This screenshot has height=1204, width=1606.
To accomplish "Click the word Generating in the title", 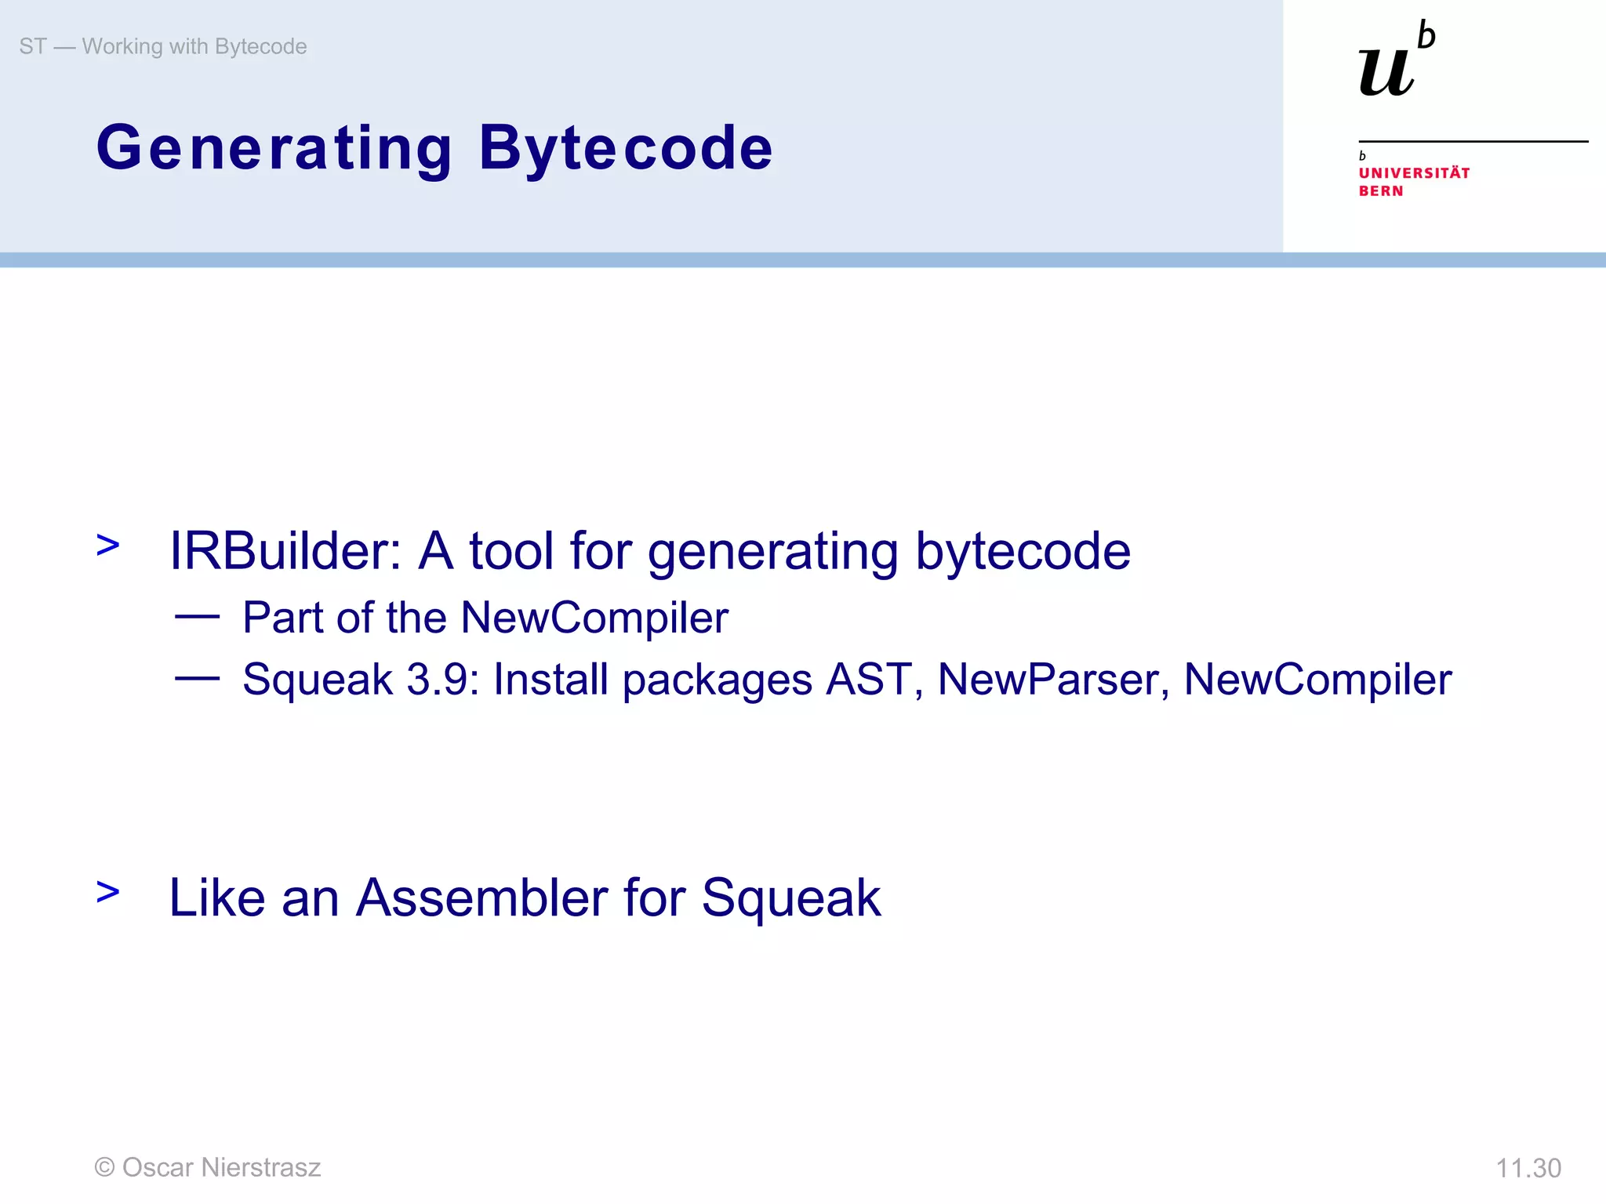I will (274, 148).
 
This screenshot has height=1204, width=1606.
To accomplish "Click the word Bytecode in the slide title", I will (626, 148).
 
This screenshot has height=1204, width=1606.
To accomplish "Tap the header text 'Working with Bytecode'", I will (194, 46).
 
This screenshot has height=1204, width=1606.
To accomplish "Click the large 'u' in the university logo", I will (1386, 73).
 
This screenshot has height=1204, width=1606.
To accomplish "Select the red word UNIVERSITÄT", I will (1414, 172).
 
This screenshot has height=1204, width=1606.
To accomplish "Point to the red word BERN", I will (1380, 190).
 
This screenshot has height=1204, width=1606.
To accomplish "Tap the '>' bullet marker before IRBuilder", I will (108, 545).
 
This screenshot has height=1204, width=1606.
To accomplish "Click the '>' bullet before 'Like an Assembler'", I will (108, 891).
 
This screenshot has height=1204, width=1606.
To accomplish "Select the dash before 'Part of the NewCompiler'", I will (197, 617).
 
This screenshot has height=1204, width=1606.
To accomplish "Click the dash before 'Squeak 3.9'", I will (197, 678).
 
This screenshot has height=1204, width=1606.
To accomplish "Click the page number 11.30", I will (1528, 1168).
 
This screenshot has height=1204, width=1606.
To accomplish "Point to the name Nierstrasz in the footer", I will (261, 1167).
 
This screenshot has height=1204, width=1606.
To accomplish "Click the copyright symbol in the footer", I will (104, 1167).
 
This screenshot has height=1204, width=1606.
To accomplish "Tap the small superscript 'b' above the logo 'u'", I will (1426, 36).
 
